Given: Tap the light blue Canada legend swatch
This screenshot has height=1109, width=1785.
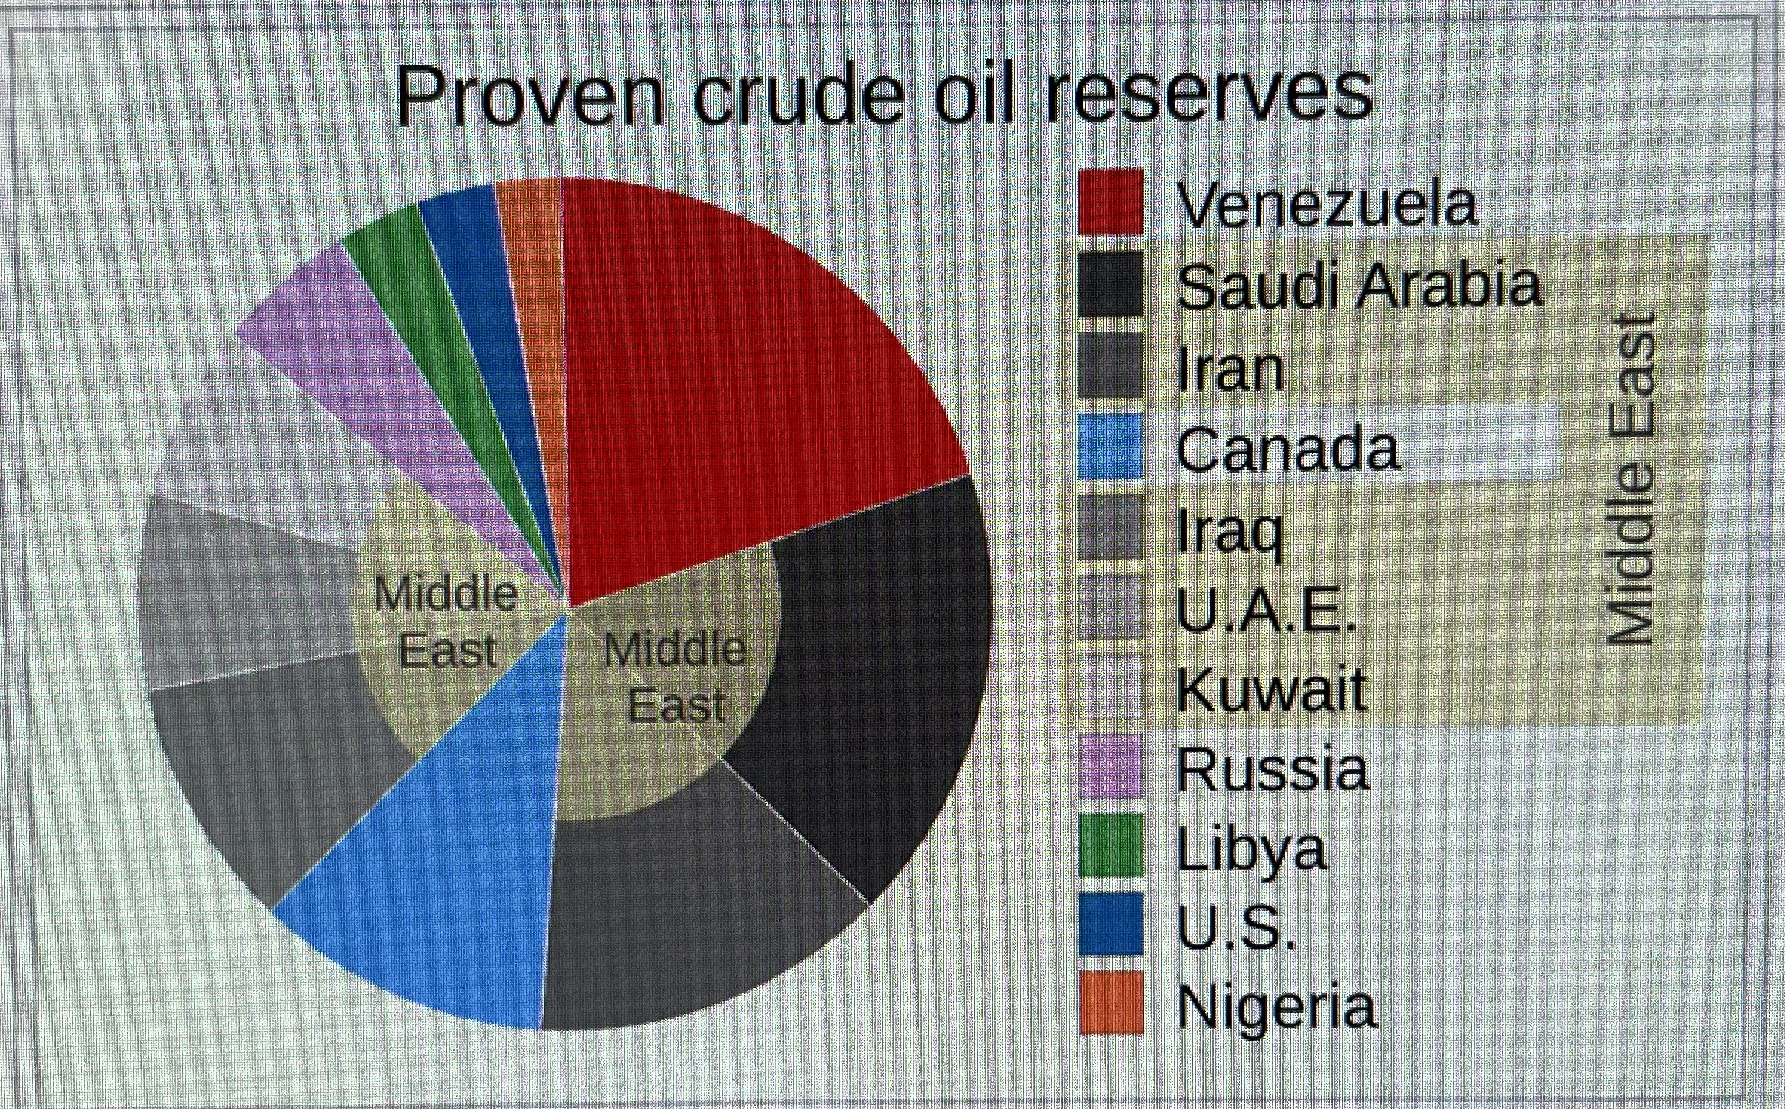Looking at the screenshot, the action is (x=1110, y=446).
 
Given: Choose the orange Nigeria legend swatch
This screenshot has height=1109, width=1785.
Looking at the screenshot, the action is (x=1110, y=1001).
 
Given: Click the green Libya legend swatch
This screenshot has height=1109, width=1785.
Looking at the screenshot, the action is (x=1110, y=845).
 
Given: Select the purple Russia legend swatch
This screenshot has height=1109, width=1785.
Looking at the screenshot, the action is (x=1110, y=766).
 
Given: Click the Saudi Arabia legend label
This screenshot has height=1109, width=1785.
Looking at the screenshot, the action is (x=1359, y=286).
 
